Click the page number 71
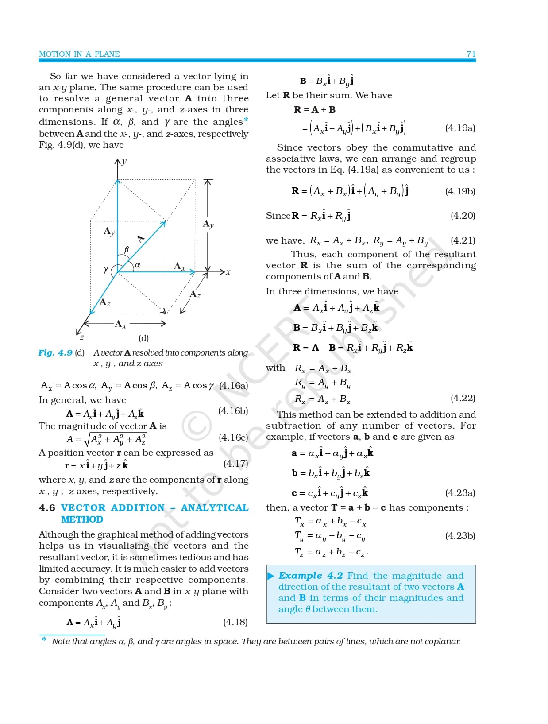(x=471, y=54)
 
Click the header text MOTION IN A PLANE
(x=79, y=54)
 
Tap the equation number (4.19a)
(x=460, y=128)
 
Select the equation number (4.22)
(x=463, y=398)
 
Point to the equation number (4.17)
(x=235, y=464)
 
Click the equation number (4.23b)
(x=460, y=536)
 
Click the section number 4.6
(x=47, y=508)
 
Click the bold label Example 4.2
(x=310, y=576)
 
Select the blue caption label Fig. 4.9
(x=55, y=353)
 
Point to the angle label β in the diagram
(x=126, y=250)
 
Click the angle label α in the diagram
(x=138, y=265)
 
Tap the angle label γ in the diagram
(x=105, y=269)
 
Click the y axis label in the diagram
(x=124, y=161)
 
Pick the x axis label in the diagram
(x=228, y=272)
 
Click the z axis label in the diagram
(x=82, y=337)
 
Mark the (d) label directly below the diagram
(x=143, y=338)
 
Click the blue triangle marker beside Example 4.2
(x=271, y=576)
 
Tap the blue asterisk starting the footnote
(x=44, y=639)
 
